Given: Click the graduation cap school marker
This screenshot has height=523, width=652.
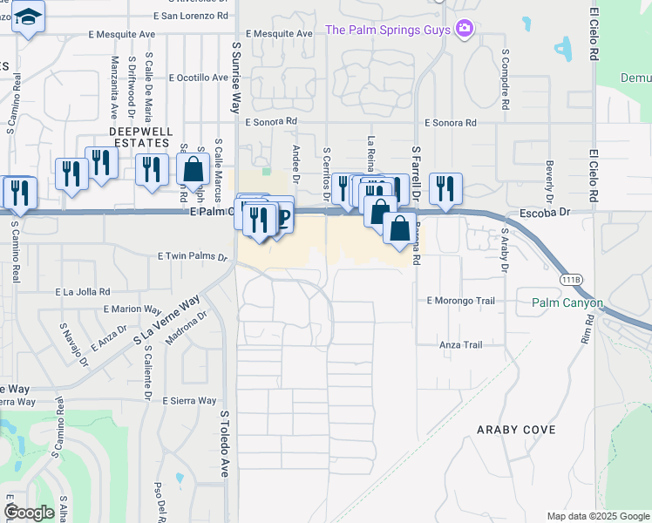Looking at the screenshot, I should click(29, 17).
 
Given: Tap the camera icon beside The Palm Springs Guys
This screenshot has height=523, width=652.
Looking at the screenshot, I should click(465, 30).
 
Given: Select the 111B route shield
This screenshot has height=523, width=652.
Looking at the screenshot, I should click(571, 279).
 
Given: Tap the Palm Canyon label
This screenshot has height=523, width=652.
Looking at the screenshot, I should click(567, 303).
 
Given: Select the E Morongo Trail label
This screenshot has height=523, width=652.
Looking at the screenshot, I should click(460, 301).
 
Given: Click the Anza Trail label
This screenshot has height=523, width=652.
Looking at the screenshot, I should click(461, 345).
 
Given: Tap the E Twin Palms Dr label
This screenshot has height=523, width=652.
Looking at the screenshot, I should click(192, 257).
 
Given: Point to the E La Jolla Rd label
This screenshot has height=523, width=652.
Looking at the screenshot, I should click(83, 292).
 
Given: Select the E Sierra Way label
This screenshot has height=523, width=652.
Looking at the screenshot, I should click(189, 401).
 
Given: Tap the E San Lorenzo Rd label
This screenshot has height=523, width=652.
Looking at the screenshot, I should click(190, 16).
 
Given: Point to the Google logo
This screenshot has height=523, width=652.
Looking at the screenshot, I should click(30, 513).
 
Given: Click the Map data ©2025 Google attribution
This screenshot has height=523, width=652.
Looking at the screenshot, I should click(597, 516).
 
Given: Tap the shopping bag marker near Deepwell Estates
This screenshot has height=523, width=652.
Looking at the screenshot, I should click(193, 170).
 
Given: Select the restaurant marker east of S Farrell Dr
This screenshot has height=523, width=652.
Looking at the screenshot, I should click(445, 188).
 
